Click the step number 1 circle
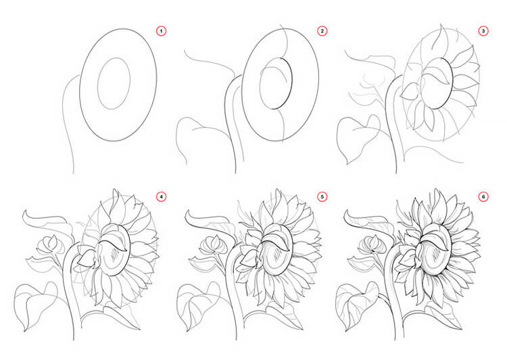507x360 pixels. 161,31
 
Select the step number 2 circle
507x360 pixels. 322,31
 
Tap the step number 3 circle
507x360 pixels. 483,31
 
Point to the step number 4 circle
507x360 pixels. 161,197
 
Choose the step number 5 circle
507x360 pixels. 322,197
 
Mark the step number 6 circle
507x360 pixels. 483,197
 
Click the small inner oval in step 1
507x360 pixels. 98,83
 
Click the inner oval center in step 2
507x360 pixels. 276,83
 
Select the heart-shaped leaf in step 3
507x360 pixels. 358,139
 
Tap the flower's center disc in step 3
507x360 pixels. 437,83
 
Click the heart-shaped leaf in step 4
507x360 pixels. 35,305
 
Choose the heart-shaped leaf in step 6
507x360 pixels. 357,305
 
